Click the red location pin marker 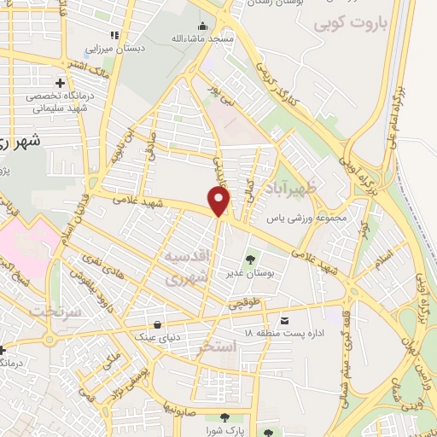(219, 201)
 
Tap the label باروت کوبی (350, 24)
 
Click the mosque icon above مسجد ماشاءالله (202, 26)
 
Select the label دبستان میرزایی (120, 49)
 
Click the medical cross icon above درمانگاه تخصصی (60, 83)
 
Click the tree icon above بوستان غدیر (250, 259)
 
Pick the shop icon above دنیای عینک (158, 324)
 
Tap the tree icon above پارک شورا (224, 417)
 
